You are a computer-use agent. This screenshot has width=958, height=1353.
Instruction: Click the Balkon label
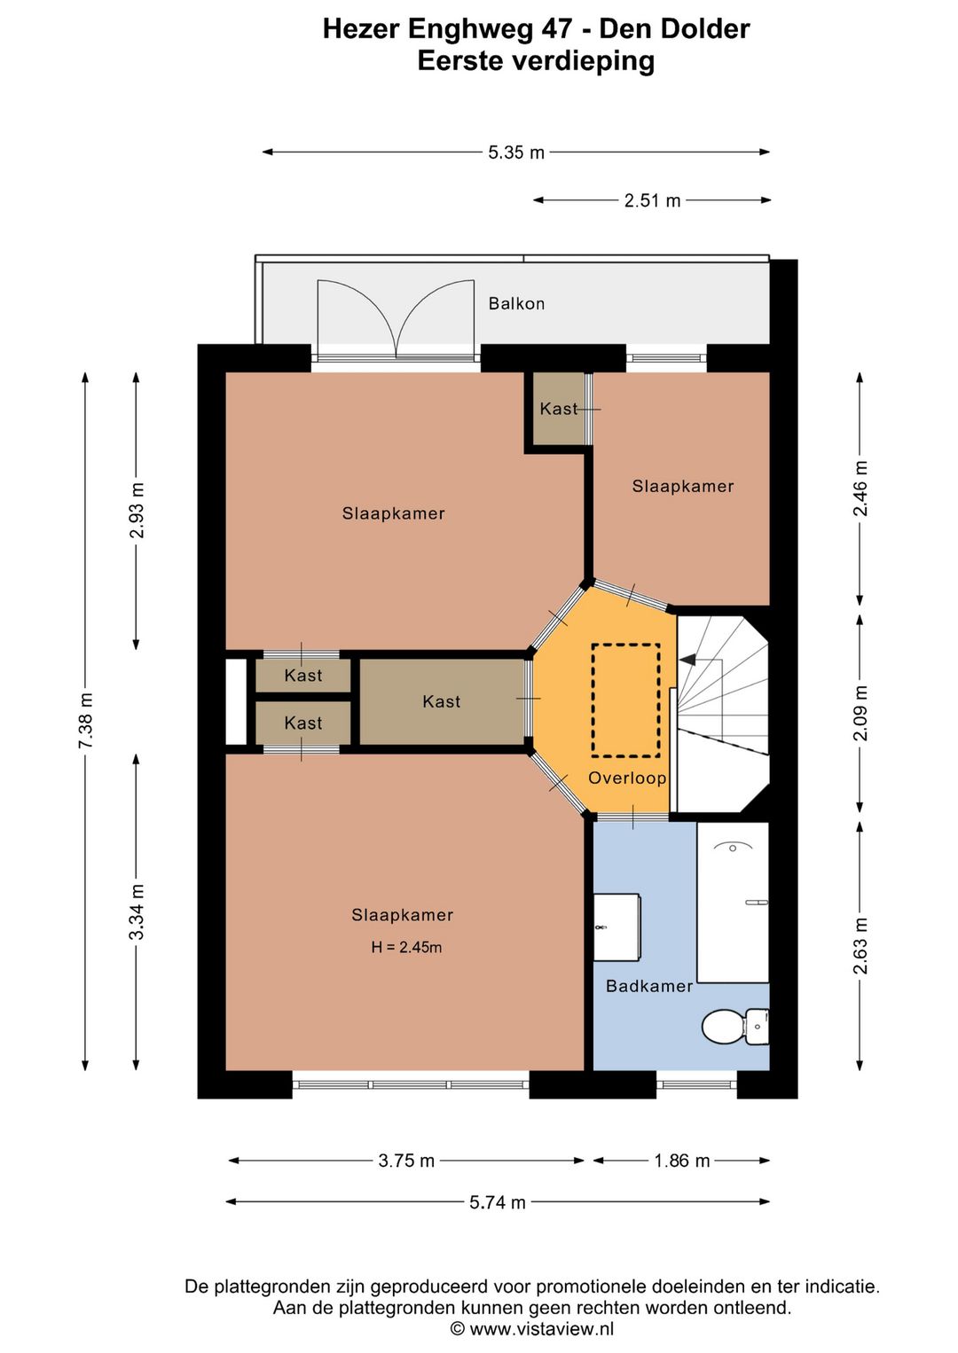pos(516,303)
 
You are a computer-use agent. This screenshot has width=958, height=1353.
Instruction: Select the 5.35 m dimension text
pos(516,153)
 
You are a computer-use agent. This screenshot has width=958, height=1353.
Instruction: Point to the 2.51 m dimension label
pos(652,199)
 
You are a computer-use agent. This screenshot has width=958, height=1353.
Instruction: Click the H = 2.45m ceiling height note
pos(406,947)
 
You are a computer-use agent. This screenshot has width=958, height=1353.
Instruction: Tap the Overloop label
pos(627,778)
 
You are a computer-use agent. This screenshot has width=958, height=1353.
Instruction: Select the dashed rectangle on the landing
pos(625,700)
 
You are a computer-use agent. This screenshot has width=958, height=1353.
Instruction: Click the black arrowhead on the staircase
pos(687,661)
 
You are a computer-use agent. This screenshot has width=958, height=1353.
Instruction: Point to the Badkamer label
pos(649,987)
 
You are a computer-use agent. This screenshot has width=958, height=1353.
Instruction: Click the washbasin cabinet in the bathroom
pos(616,927)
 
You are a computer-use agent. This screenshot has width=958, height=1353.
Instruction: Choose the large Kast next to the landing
pos(442,701)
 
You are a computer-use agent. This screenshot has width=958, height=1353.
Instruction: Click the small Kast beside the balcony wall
pos(558,409)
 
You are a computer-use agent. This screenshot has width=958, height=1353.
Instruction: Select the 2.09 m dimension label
pos(860,713)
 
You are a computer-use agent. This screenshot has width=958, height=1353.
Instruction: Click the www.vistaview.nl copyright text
pos(532,1328)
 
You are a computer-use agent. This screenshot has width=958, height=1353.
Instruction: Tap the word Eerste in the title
pos(459,61)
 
